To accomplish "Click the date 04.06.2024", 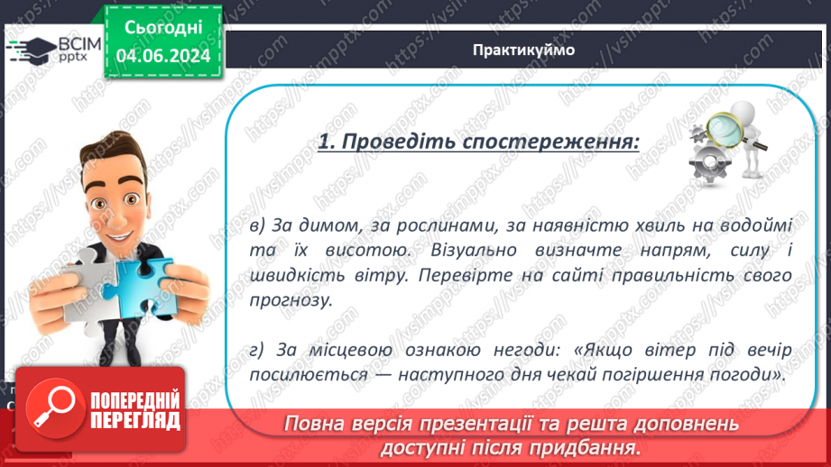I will click(x=163, y=57).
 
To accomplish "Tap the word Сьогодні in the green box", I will click(x=163, y=29).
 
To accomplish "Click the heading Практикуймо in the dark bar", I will click(x=523, y=50).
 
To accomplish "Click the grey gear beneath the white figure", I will click(x=708, y=163).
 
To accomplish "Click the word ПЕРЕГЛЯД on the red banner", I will click(x=135, y=420).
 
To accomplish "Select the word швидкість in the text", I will click(x=303, y=274).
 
